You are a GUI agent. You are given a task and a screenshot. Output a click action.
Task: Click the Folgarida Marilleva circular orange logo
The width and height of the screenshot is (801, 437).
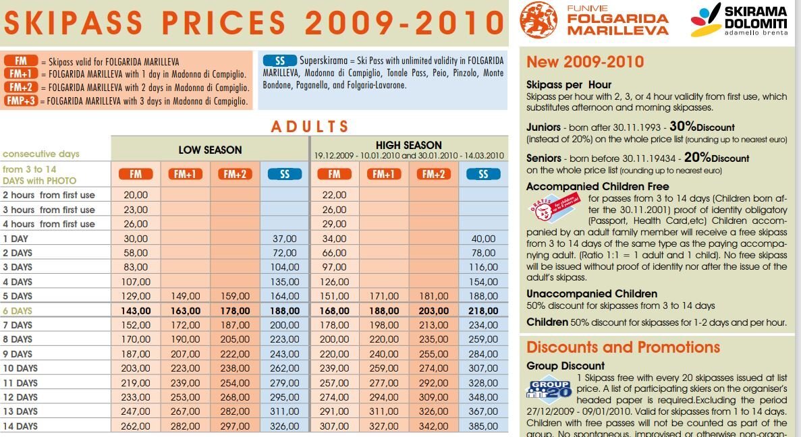[538, 20]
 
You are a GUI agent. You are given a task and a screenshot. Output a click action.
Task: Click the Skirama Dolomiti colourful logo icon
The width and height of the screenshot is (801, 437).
[705, 20]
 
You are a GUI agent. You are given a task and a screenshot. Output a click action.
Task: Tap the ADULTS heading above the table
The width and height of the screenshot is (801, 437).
[310, 126]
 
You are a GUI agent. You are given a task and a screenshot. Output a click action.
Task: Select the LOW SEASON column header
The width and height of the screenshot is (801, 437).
[210, 150]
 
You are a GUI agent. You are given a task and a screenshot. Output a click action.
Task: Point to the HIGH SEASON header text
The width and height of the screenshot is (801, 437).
[409, 145]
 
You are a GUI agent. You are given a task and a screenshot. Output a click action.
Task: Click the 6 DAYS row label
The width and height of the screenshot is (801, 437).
[18, 311]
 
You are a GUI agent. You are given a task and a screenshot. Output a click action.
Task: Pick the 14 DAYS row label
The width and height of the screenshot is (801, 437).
[20, 426]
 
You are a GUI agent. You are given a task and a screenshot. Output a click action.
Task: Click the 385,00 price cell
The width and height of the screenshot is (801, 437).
[483, 426]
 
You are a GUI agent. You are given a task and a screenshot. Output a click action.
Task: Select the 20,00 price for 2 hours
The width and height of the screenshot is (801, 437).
[136, 195]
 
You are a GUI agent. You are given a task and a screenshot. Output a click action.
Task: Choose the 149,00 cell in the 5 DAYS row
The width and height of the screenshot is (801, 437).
[186, 296]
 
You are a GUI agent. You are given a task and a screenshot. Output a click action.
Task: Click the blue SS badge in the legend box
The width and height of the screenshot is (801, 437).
[280, 61]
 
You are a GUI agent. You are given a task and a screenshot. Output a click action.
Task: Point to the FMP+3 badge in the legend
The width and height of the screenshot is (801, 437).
[21, 101]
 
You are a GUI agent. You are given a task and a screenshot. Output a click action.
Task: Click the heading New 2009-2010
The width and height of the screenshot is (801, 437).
[585, 62]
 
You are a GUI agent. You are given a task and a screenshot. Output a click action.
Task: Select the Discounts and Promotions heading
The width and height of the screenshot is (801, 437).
[623, 347]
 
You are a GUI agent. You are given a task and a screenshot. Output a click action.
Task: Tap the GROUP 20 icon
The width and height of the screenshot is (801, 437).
[549, 389]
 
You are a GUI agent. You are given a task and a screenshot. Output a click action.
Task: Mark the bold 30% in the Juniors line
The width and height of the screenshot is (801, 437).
[682, 126]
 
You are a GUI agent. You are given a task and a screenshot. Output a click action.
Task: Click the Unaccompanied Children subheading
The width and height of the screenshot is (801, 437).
[591, 293]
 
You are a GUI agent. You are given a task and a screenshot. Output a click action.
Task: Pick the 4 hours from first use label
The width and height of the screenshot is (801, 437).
[49, 224]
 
